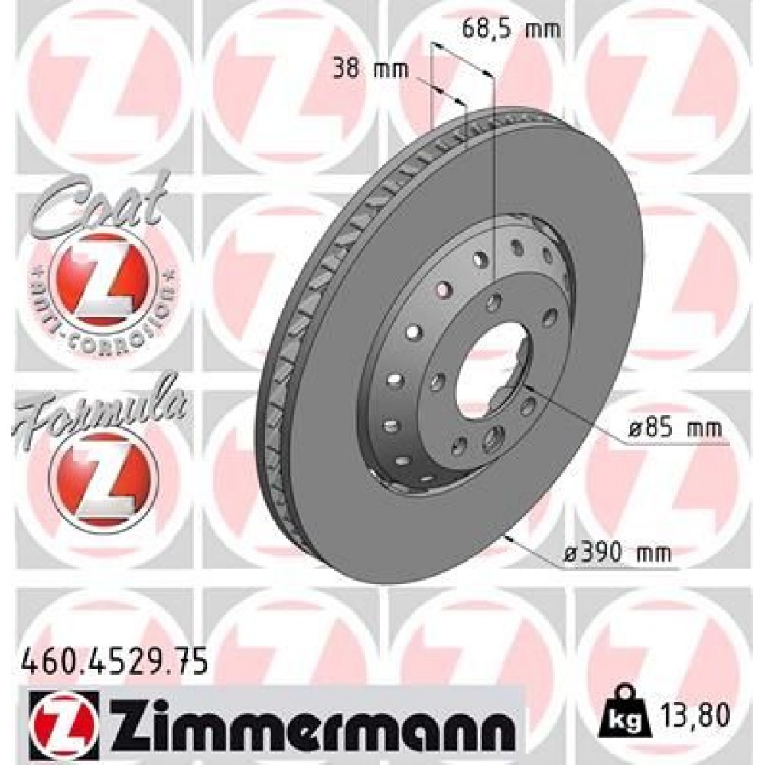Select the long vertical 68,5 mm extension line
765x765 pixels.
tap(495, 191)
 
